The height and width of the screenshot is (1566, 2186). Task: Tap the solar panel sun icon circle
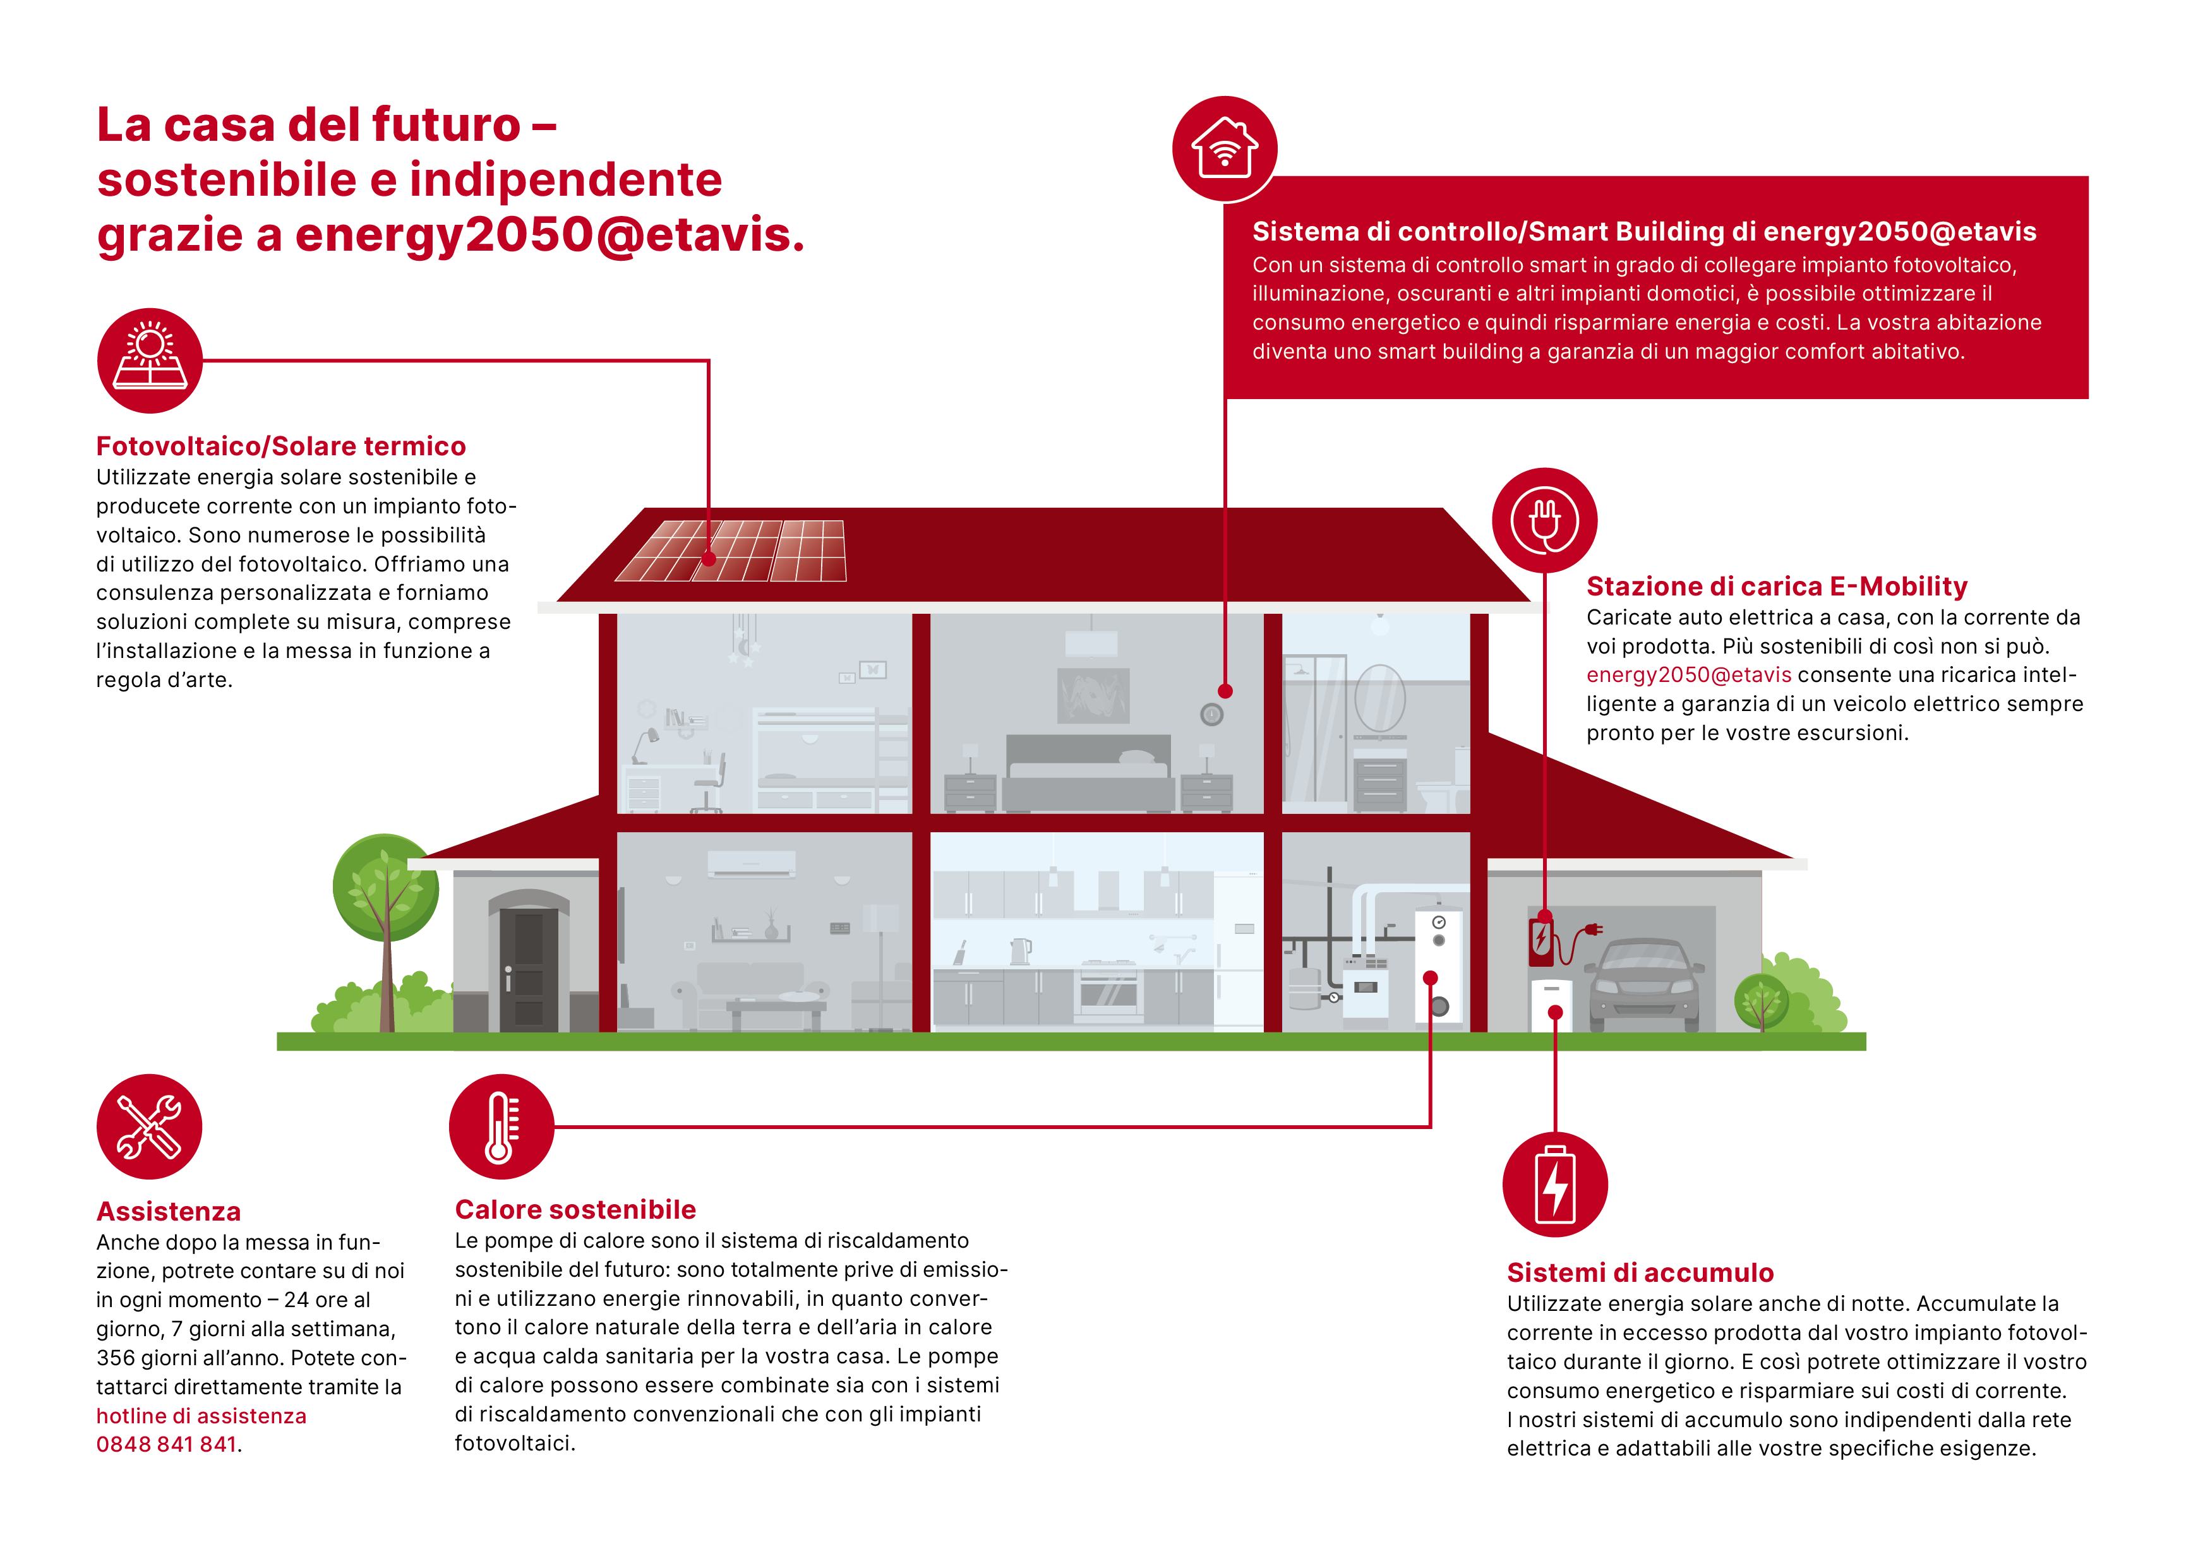[150, 361]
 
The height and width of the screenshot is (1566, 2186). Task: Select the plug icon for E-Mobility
[1544, 520]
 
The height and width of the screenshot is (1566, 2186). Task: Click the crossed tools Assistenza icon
[150, 1126]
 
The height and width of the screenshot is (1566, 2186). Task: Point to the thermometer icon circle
[501, 1126]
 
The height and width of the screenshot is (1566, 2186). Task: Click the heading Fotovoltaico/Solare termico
[280, 446]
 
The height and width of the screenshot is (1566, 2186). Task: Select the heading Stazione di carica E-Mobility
[1776, 586]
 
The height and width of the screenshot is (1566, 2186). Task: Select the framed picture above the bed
[1093, 695]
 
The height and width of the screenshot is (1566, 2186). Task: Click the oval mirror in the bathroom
[1379, 698]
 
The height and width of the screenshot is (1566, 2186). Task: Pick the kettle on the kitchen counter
[1020, 951]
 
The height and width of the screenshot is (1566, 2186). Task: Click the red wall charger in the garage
[1541, 940]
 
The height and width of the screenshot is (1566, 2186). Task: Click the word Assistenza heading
[169, 1211]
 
